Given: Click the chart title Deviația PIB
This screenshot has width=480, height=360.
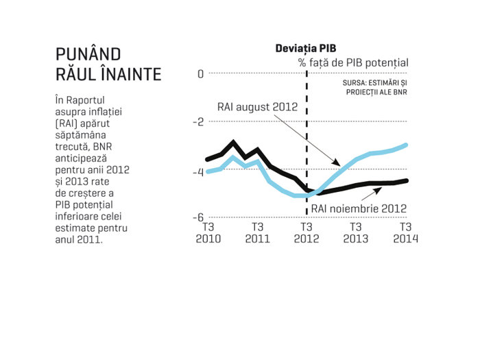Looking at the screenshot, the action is pos(306,49).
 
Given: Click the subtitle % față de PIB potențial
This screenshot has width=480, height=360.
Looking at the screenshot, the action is pos(353,63).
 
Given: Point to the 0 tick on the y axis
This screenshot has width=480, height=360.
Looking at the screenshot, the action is pos(200,74).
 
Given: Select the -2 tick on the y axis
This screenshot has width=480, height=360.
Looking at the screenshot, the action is pos(198,122).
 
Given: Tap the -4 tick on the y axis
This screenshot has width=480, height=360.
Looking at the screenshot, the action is pos(198,172).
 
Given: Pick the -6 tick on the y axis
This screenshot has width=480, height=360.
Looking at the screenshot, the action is pos(198,217).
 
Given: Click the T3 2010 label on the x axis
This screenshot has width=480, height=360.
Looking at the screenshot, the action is pos(208,232).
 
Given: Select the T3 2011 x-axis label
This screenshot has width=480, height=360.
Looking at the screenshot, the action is pos(257,232).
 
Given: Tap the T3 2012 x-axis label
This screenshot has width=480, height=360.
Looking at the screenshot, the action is pos(307,232).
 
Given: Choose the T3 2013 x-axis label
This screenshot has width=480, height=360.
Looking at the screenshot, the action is pos(356,232).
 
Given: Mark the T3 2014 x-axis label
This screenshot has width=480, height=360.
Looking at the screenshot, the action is pos(406,232).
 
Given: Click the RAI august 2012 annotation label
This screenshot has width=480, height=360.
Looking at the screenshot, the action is pos(257,107).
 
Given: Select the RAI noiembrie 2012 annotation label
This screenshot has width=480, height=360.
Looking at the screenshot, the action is pos(359,208).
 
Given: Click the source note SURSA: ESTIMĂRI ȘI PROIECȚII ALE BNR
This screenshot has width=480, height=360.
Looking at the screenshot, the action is pos(375,88).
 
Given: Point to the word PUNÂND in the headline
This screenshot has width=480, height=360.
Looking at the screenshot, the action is pos(88,54).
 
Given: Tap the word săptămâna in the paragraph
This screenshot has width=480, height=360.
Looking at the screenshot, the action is pos(80,135).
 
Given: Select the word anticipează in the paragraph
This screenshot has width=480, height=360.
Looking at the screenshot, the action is pos(81,158).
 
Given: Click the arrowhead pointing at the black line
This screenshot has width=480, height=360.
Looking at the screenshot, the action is pos(378,191).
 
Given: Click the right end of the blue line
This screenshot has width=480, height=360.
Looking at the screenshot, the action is pos(406,145).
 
